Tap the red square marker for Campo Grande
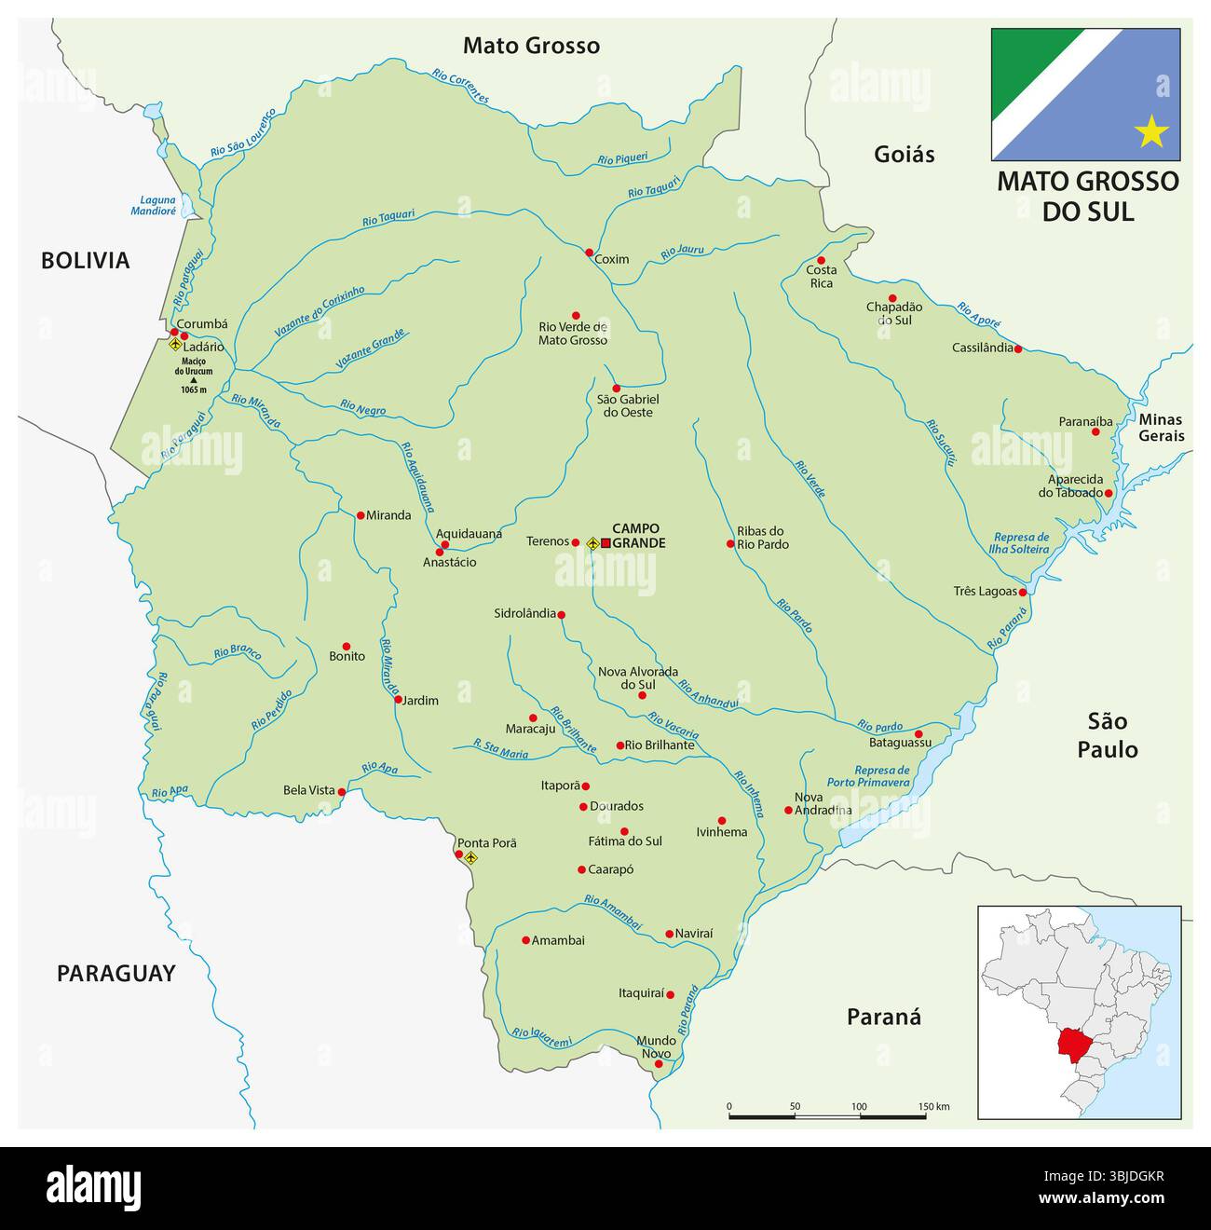[605, 542]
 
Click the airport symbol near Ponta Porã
[470, 857]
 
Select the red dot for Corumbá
[174, 332]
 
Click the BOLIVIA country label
[85, 261]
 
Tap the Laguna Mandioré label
[157, 205]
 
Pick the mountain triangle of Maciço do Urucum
[194, 380]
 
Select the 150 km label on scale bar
[933, 1106]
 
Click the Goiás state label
[904, 154]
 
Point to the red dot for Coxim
[589, 253]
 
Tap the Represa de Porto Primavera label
[868, 776]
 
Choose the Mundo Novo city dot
[659, 1063]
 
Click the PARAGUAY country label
[116, 974]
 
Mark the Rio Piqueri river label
[622, 159]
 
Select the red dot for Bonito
[347, 646]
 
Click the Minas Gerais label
[1161, 428]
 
